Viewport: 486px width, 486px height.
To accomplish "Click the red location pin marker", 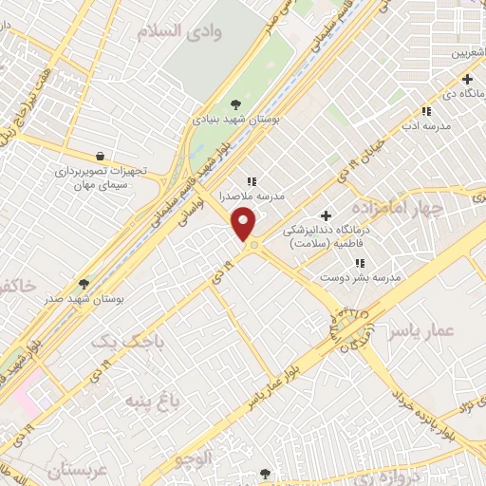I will click(x=246, y=225).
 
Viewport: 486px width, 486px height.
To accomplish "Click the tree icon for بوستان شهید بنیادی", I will click(x=236, y=104).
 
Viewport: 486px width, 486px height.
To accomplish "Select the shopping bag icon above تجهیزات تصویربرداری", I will click(x=101, y=156).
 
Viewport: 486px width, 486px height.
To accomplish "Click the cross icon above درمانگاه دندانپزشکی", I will click(x=328, y=216).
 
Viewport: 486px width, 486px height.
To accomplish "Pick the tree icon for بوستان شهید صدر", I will click(x=84, y=284).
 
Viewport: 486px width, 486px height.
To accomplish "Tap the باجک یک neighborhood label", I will click(x=121, y=340).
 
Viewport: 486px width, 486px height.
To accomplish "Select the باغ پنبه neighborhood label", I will click(x=152, y=402).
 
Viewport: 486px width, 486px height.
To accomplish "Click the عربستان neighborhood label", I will click(x=60, y=471).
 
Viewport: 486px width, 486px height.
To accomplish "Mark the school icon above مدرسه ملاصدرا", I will click(x=252, y=180).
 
